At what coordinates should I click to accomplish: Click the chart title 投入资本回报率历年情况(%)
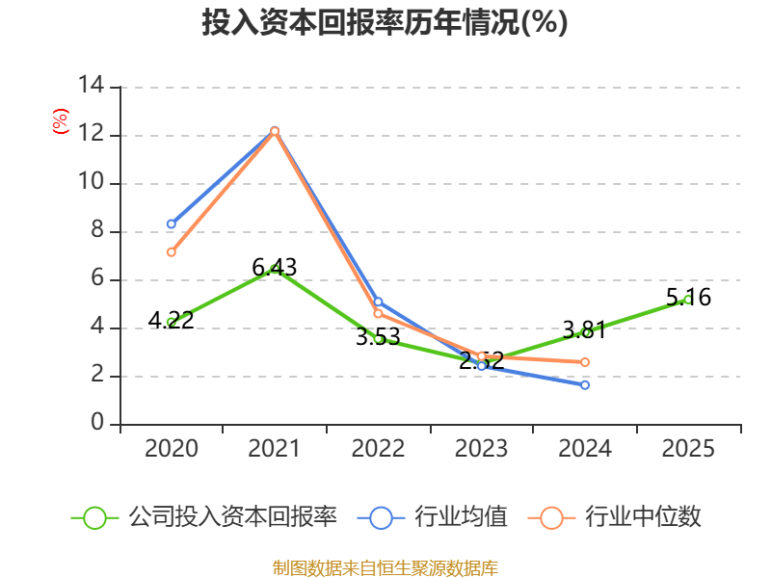point(385,22)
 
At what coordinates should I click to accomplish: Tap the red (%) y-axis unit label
point(61,121)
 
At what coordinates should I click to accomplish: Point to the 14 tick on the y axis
point(92,85)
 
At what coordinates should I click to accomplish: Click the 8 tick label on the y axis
point(97,229)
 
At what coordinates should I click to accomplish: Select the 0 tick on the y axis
point(97,422)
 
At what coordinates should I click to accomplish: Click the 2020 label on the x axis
point(172,448)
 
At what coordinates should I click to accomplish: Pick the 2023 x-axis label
point(481,448)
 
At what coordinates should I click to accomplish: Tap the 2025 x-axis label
point(688,448)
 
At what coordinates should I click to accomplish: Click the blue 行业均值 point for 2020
point(172,224)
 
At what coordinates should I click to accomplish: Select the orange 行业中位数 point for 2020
point(172,252)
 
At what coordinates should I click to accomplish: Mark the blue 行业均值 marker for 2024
point(585,384)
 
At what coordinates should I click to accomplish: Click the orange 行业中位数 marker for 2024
point(585,362)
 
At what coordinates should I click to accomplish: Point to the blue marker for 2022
point(378,302)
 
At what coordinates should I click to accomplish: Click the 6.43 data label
point(275,268)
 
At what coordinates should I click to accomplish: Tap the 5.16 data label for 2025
point(688,298)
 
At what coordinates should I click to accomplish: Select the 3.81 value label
point(585,329)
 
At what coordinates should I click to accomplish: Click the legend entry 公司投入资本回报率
point(204,517)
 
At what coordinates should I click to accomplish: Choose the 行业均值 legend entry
point(432,517)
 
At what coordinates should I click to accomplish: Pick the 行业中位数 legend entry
point(614,517)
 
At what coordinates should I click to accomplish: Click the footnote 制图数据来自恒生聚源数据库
point(385,568)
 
